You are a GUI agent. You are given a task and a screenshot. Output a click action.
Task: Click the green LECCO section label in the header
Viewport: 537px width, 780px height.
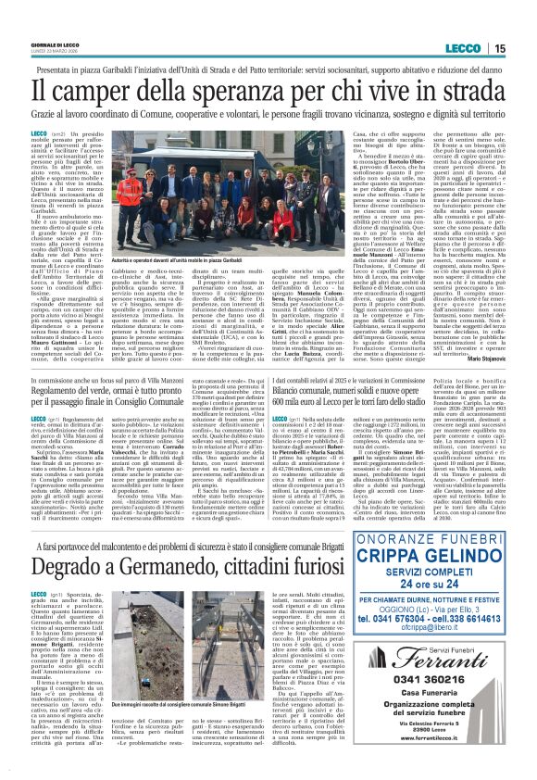461,49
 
